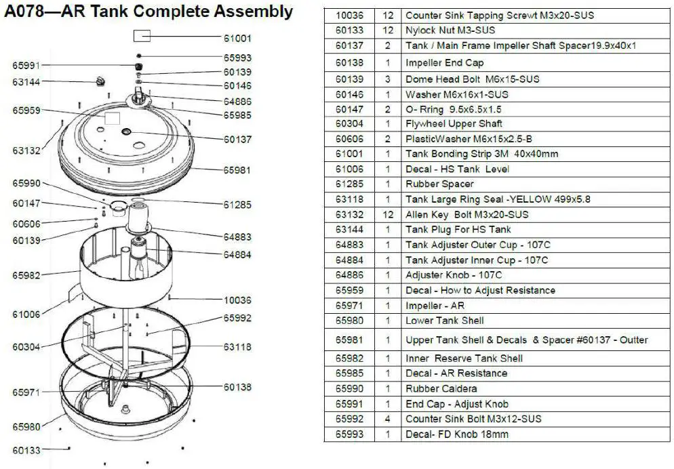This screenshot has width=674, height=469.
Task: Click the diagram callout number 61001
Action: pos(237,39)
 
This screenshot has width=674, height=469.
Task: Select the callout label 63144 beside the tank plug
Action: pos(26,81)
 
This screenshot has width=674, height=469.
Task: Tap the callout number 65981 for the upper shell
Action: pos(237,171)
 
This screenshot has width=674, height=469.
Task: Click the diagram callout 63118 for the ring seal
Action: pos(237,347)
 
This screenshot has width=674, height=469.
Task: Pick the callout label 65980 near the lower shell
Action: pos(26,426)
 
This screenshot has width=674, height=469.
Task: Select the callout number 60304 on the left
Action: pos(26,347)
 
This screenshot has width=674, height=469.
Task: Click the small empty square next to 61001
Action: pos(142,37)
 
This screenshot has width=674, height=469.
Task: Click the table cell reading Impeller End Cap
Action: pos(444,62)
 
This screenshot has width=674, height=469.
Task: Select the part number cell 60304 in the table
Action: pos(349,123)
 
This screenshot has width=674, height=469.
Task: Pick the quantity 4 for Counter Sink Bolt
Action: pos(388,419)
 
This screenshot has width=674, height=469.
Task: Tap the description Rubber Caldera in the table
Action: pos(441,388)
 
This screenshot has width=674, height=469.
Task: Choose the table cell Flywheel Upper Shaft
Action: pos(454,123)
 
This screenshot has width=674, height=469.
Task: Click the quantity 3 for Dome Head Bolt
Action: pos(388,79)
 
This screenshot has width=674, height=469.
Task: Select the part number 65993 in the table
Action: pos(349,434)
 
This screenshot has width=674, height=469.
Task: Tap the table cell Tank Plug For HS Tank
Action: pos(458,230)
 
